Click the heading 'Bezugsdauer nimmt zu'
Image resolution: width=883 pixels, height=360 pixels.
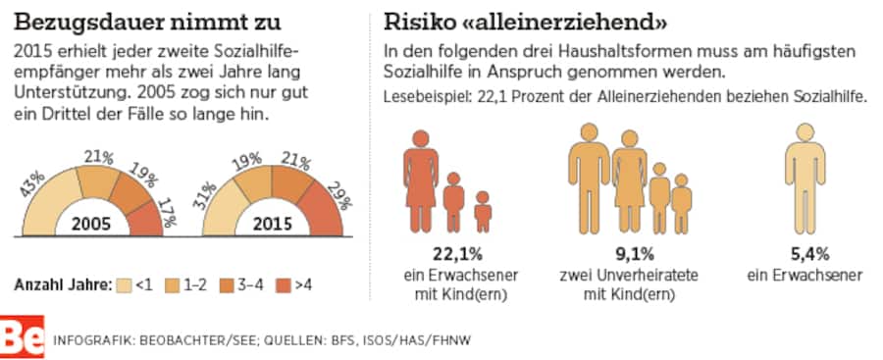[147, 21]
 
